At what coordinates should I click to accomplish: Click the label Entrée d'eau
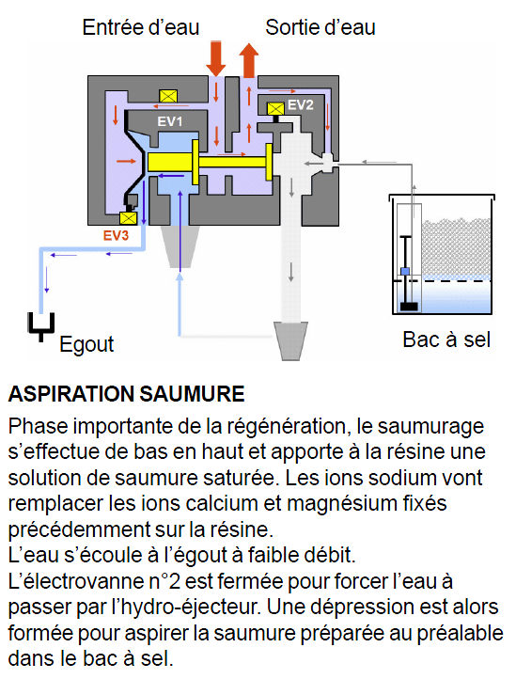click(141, 27)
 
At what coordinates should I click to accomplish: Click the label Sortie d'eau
click(321, 27)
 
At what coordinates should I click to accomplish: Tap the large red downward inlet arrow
click(215, 58)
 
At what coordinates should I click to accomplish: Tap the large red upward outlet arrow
click(249, 60)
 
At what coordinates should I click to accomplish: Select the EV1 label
click(170, 121)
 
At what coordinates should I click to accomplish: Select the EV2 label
click(301, 104)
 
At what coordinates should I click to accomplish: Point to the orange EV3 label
click(116, 235)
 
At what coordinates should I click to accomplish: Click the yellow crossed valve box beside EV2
click(275, 108)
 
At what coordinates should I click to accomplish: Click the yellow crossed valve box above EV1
click(168, 96)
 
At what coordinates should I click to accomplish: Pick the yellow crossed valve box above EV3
click(128, 218)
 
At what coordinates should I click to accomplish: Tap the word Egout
click(86, 345)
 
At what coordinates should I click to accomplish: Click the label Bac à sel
click(446, 339)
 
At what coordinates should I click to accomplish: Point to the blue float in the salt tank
click(405, 272)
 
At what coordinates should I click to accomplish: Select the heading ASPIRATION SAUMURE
click(126, 394)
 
